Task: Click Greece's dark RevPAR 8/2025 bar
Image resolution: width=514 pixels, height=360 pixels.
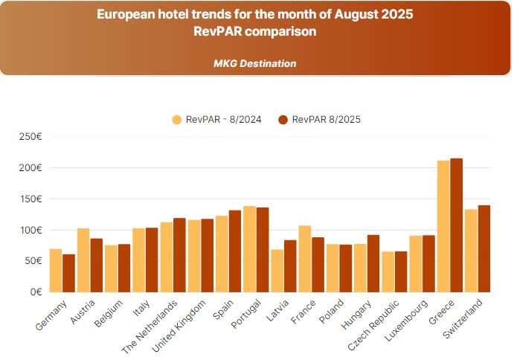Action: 457,225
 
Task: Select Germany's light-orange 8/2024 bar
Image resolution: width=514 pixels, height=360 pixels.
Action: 56,270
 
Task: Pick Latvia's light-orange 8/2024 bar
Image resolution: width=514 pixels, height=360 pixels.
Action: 277,270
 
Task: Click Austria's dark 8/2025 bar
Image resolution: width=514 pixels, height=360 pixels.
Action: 97,265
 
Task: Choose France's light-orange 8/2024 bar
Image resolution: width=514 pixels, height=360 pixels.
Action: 305,258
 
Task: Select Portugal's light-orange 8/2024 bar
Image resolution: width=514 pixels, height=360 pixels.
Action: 249,248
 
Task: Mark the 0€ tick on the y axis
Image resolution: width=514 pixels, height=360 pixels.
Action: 34,292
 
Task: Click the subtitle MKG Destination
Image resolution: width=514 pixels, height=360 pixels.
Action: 254,63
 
